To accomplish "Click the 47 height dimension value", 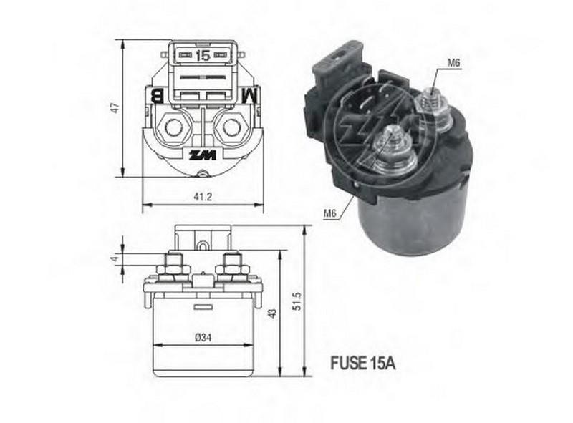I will tap(112, 107).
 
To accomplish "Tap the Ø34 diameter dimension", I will tap(202, 339).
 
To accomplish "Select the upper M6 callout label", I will tap(453, 63).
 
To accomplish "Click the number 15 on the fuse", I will tap(203, 54).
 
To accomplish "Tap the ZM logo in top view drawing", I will tap(201, 155).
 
